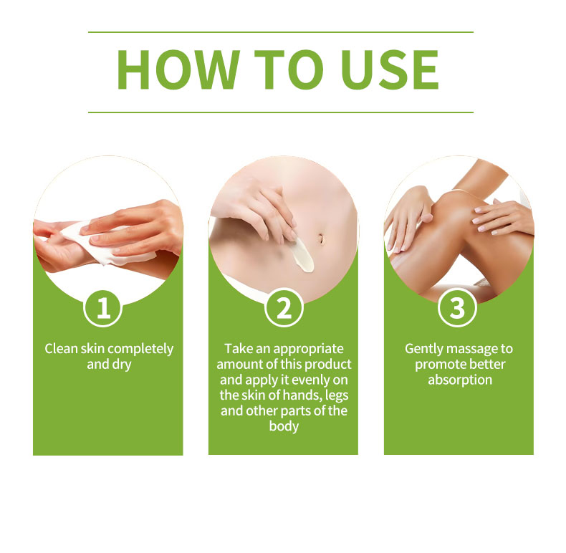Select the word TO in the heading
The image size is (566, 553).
[x=289, y=69]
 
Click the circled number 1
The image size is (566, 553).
[x=103, y=307]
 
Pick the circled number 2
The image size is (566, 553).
[x=284, y=307]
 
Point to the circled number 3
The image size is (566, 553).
[x=457, y=307]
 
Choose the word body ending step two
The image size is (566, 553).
[x=284, y=427]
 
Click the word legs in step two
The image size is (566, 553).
[x=337, y=396]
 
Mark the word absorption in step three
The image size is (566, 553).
[x=460, y=380]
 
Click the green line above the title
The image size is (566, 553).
[x=281, y=32]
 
